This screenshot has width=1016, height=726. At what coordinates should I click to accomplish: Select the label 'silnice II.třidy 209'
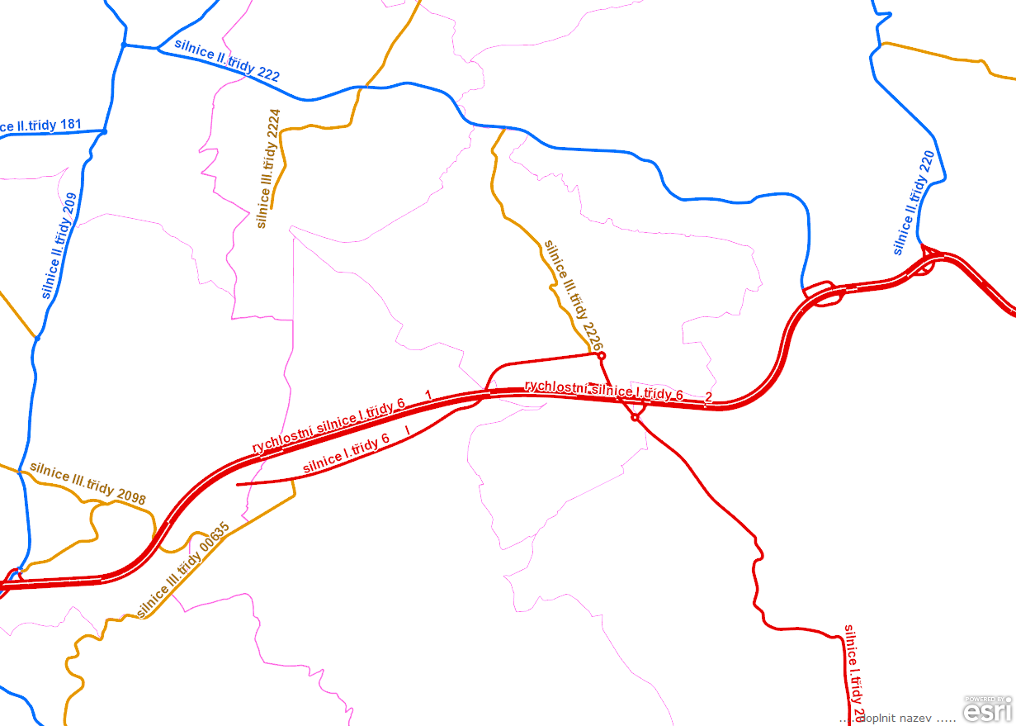tap(59, 246)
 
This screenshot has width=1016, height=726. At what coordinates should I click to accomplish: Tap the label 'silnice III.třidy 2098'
tap(87, 482)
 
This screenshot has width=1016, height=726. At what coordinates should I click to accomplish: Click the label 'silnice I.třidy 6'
tap(346, 454)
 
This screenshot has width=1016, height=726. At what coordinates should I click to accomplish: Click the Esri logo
tap(988, 709)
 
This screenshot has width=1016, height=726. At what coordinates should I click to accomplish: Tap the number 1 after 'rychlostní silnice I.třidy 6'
tap(428, 393)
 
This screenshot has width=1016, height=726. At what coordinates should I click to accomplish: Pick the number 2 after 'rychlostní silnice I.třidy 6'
tap(708, 397)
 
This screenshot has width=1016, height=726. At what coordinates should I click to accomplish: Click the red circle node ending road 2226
tap(602, 355)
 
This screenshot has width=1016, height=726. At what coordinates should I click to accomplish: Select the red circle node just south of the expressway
tap(635, 418)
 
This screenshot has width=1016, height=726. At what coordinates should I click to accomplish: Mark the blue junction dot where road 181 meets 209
tap(104, 131)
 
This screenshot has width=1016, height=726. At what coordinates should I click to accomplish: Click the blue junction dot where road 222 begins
tap(124, 45)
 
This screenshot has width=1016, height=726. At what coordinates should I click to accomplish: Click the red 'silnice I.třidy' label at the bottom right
tap(854, 668)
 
